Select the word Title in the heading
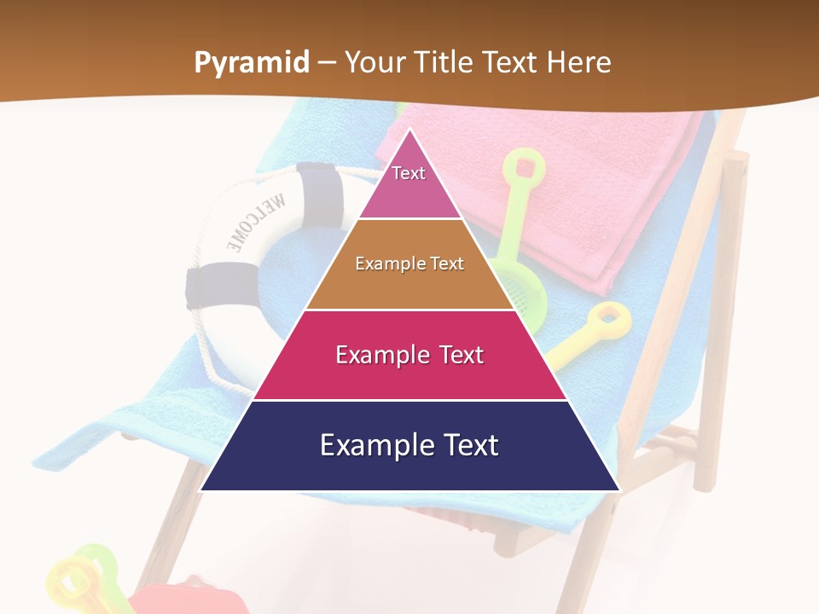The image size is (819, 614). tap(442, 63)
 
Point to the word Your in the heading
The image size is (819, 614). tap(375, 63)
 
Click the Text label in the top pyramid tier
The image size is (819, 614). tap(409, 173)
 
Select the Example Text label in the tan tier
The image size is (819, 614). tap(409, 264)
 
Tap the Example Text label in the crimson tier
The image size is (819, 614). tap(409, 355)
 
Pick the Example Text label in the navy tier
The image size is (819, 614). tap(409, 445)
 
